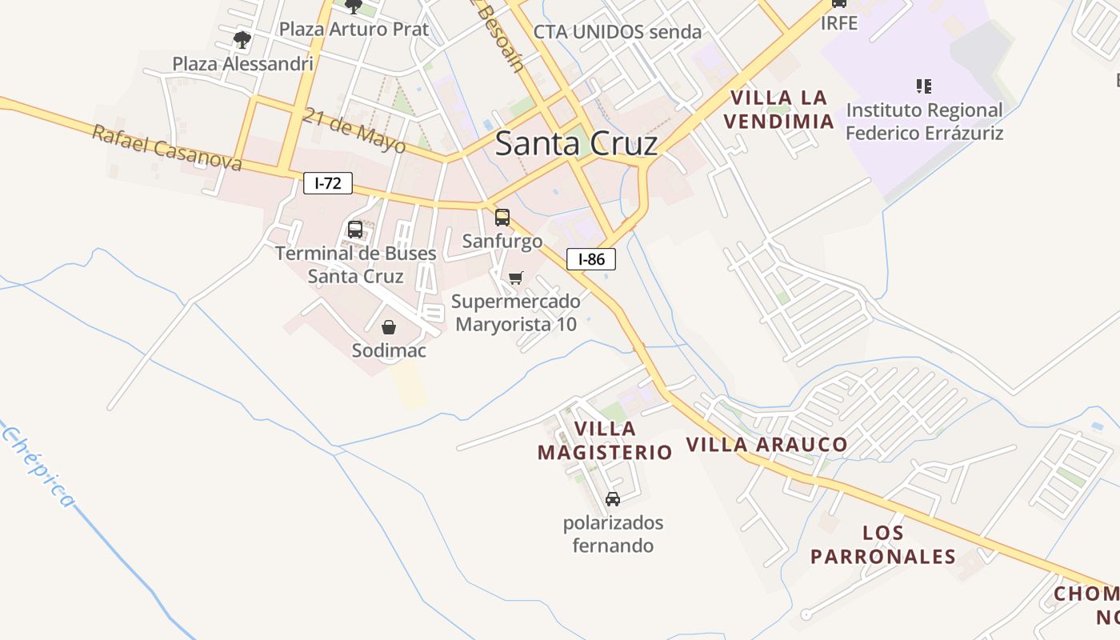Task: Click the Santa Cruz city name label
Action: pyautogui.click(x=576, y=144)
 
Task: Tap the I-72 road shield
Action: pyautogui.click(x=328, y=183)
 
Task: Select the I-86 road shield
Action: pyautogui.click(x=591, y=259)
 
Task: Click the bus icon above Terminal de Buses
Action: pyautogui.click(x=355, y=230)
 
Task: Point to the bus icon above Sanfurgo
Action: pyautogui.click(x=502, y=217)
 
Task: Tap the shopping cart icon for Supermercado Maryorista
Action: pyautogui.click(x=516, y=278)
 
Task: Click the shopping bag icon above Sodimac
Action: pyautogui.click(x=389, y=326)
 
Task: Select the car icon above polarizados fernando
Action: pyautogui.click(x=613, y=499)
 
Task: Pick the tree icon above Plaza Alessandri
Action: pyautogui.click(x=242, y=39)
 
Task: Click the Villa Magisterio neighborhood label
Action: pyautogui.click(x=605, y=441)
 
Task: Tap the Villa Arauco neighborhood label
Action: pyautogui.click(x=767, y=445)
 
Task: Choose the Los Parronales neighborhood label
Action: pyautogui.click(x=883, y=545)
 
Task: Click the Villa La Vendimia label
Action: pyautogui.click(x=782, y=110)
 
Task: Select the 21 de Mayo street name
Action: pyautogui.click(x=354, y=130)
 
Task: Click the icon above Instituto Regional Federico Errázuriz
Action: pyautogui.click(x=924, y=86)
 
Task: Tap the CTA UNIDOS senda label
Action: pyautogui.click(x=617, y=33)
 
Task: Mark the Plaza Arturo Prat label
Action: pyautogui.click(x=354, y=30)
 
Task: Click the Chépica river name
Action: pyautogui.click(x=38, y=468)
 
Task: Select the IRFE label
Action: pyautogui.click(x=839, y=23)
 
